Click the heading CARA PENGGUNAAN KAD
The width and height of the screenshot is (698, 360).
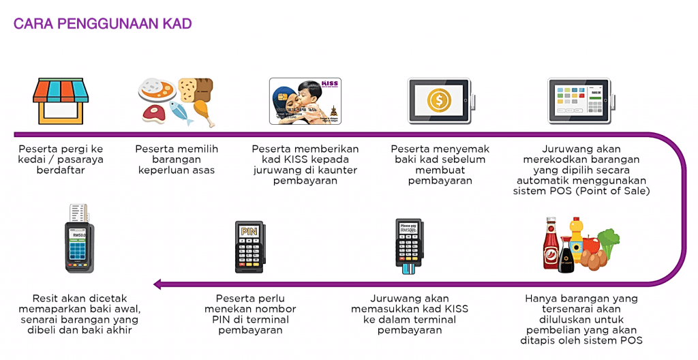103,24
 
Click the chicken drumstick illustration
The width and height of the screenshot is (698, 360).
204,110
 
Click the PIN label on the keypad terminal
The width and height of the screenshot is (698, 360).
249,231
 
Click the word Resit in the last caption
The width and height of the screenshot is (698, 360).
46,298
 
